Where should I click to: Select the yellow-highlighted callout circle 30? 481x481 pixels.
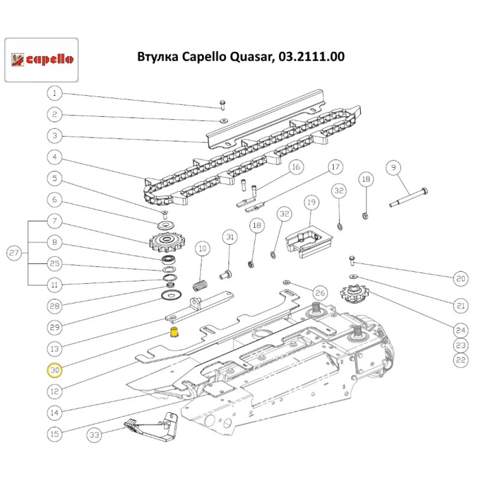(54, 370)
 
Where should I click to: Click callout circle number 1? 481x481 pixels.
(54, 93)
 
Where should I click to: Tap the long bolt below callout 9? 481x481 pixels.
(408, 197)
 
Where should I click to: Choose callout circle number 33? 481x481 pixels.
(94, 436)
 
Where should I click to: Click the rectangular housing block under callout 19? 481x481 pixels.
(308, 241)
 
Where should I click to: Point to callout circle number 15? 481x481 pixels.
(54, 433)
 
